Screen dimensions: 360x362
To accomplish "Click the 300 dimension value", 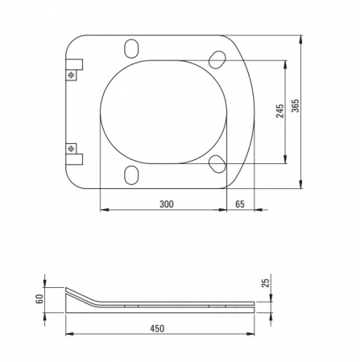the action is point(167,204).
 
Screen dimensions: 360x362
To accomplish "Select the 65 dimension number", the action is point(240,204).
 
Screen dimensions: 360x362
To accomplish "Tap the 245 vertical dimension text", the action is point(279,111).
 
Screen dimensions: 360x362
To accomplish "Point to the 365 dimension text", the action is point(296,105).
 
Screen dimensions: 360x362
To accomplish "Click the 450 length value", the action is point(157,328).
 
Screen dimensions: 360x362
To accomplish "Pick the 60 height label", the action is point(39,298).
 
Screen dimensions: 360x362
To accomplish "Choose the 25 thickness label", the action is point(266,283).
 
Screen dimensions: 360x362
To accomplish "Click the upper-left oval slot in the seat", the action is point(131,48).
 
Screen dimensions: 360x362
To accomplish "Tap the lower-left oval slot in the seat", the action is point(131,175).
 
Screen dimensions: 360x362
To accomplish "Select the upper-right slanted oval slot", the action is point(217,60).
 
